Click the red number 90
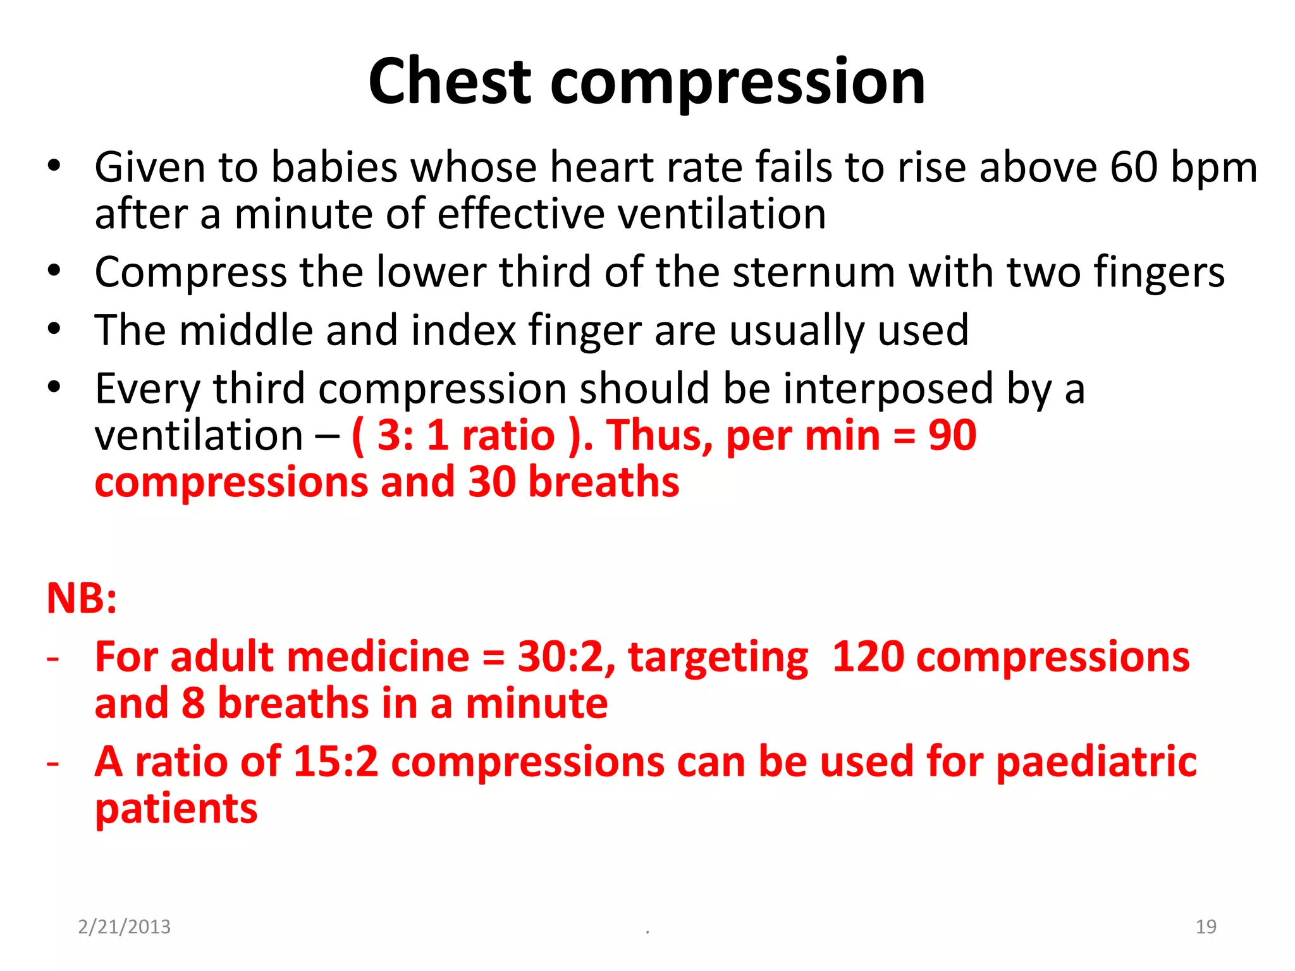click(x=952, y=436)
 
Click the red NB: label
click(x=82, y=598)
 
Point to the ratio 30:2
click(x=567, y=657)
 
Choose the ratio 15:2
click(x=336, y=762)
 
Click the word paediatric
click(x=1096, y=763)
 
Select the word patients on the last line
click(x=176, y=810)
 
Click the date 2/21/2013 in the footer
click(x=124, y=927)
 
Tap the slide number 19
click(x=1206, y=927)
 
